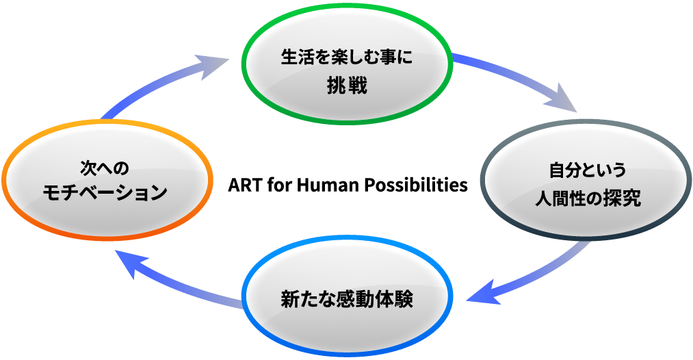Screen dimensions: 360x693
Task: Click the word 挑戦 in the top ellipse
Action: pyautogui.click(x=348, y=87)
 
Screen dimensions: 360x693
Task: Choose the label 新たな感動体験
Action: pyautogui.click(x=348, y=300)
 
